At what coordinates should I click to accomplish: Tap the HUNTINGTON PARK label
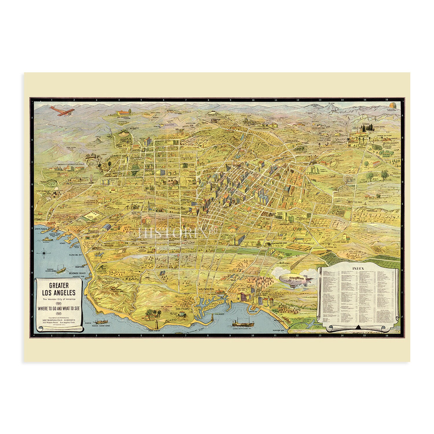point(279,244)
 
